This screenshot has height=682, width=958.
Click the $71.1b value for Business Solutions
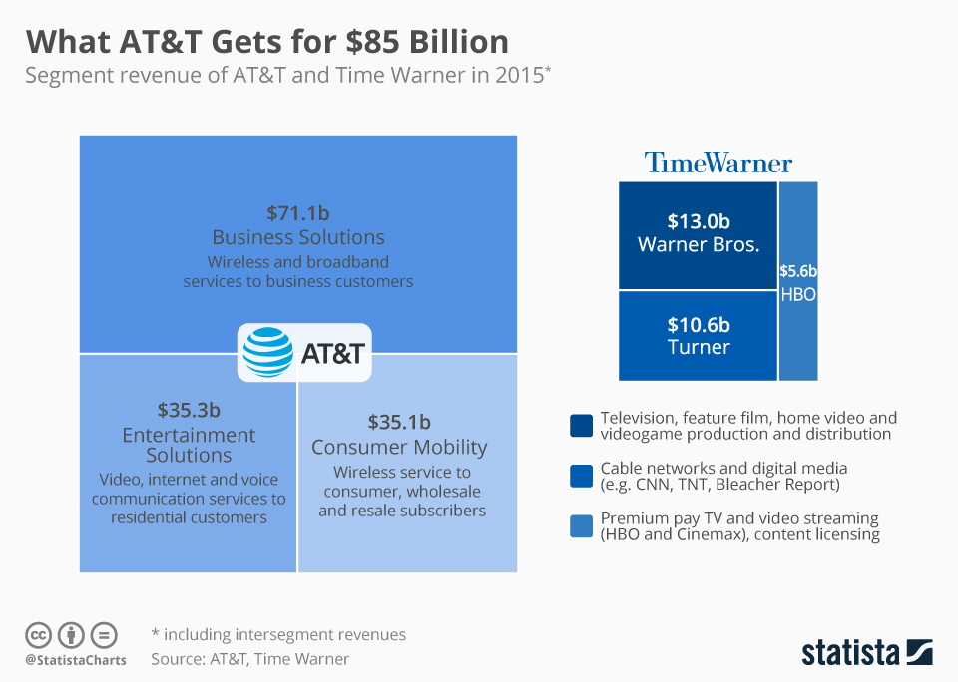[x=298, y=212]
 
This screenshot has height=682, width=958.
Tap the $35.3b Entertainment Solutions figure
[x=189, y=410]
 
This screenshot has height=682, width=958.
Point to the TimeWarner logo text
[x=718, y=163]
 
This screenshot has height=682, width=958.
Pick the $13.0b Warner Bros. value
[x=699, y=221]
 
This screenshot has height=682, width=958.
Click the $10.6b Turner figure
[x=699, y=325]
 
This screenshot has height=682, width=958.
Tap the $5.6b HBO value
[x=798, y=270]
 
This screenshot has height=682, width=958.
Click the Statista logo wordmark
[x=851, y=653]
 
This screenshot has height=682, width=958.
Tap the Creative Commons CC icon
[x=39, y=635]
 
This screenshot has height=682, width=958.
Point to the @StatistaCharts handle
[x=75, y=660]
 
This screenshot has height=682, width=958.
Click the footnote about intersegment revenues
[x=278, y=634]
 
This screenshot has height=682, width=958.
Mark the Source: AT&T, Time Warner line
[x=250, y=659]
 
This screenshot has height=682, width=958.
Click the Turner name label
[x=699, y=347]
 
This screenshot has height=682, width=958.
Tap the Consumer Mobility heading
[x=399, y=447]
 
